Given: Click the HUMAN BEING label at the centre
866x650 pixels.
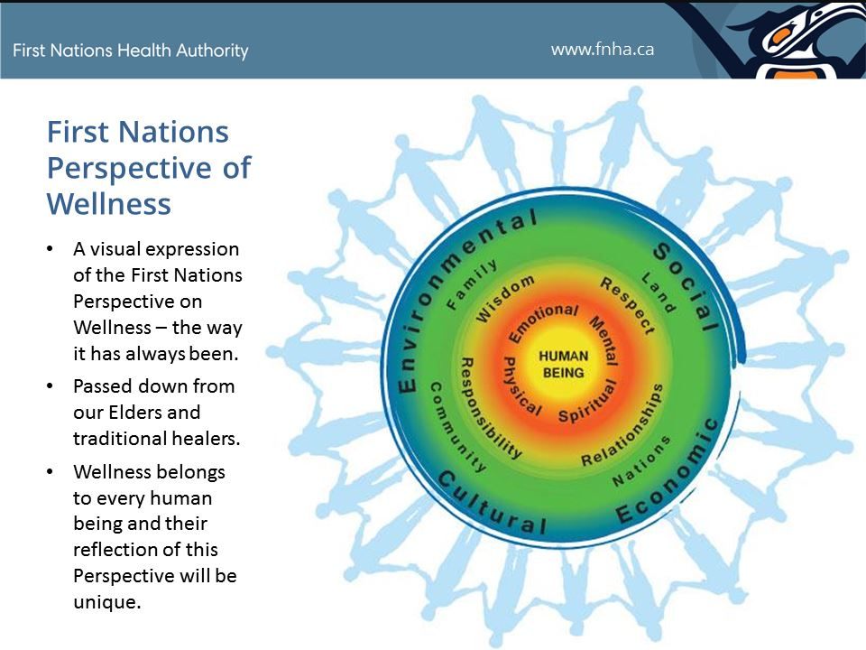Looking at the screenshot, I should (x=563, y=364).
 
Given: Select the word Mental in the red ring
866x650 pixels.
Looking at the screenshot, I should (x=603, y=339).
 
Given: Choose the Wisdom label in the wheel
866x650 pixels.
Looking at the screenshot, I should (x=505, y=299).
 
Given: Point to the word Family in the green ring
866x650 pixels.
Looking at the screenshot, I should (x=472, y=283).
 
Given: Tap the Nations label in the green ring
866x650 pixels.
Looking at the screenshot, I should (x=641, y=460).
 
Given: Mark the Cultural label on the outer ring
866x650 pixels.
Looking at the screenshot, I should (x=493, y=506).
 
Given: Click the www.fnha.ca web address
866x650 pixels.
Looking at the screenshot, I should (x=603, y=49).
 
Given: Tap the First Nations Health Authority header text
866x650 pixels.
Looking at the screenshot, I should (x=131, y=51).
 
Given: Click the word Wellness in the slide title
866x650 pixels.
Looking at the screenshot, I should (x=108, y=203).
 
